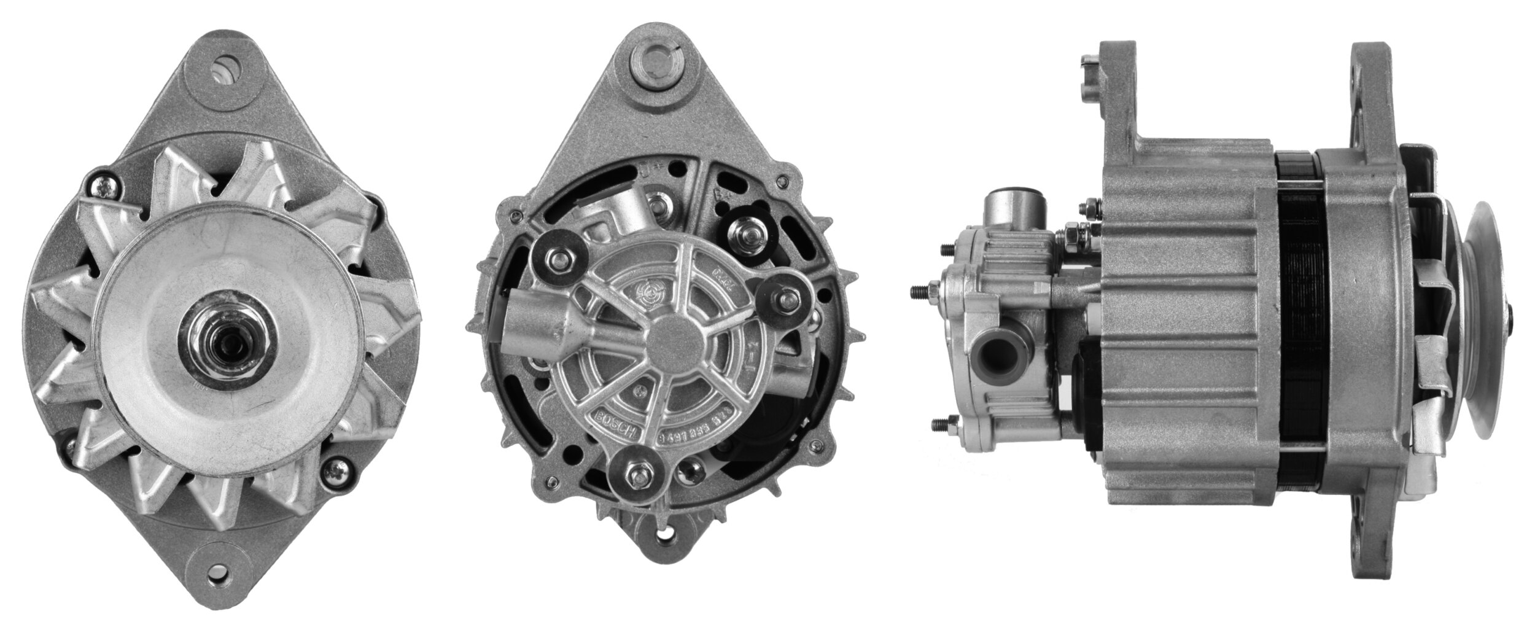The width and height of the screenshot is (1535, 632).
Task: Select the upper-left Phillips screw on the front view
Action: pos(98,182)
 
